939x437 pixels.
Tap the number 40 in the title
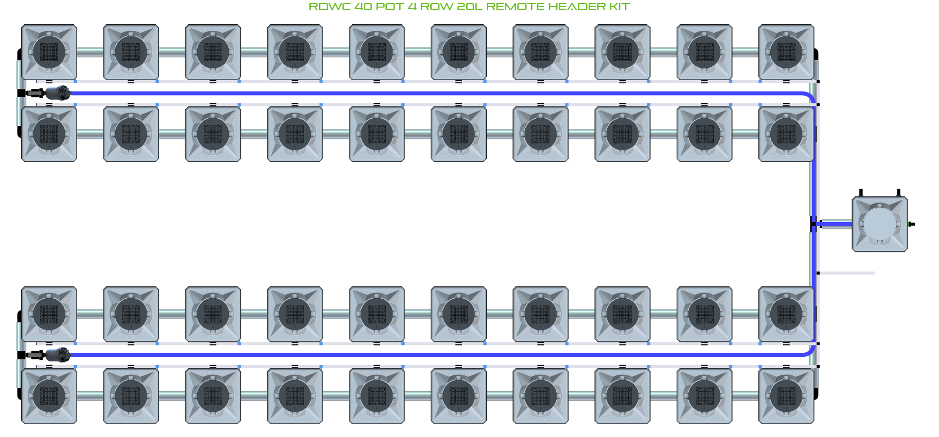point(363,7)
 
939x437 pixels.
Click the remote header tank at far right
point(879,224)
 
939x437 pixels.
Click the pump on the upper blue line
point(57,93)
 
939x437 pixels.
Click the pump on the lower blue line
point(57,355)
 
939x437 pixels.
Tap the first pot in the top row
point(49,52)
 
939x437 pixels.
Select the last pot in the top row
point(786,52)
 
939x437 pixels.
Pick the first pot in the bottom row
point(49,396)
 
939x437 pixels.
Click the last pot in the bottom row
point(786,396)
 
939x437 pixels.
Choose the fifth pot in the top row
point(377,52)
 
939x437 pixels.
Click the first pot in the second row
point(49,134)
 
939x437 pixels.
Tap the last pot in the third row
point(786,314)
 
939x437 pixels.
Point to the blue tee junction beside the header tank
point(814,224)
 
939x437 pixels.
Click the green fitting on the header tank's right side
point(910,224)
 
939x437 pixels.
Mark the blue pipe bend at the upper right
point(809,96)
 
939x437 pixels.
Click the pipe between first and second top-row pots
point(90,52)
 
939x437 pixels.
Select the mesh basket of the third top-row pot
point(213,52)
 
